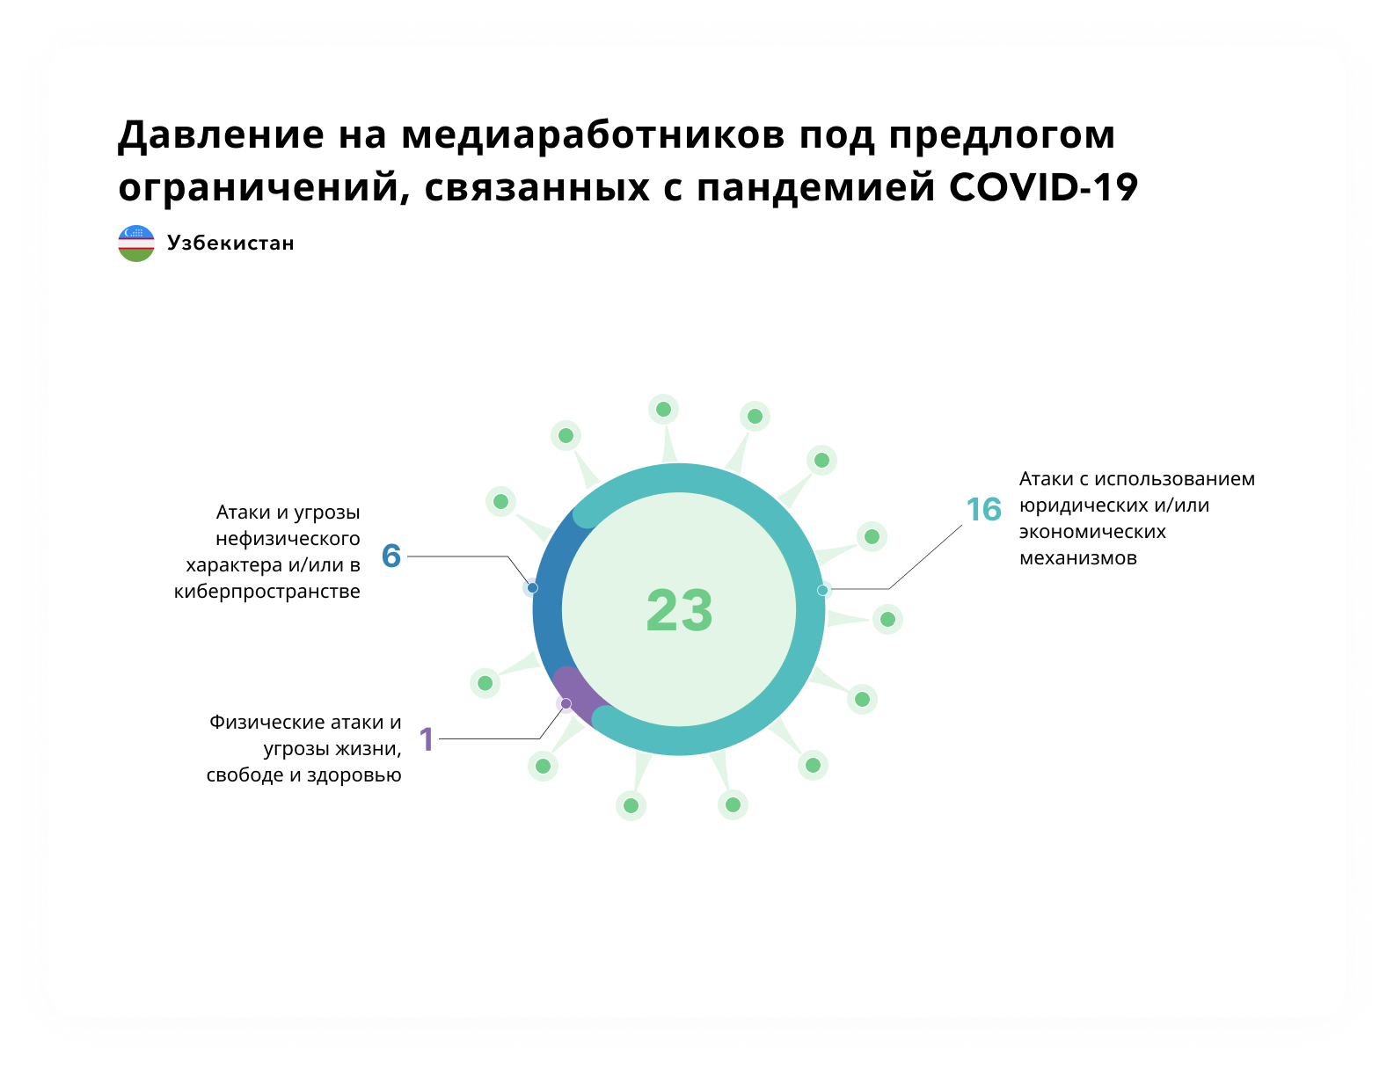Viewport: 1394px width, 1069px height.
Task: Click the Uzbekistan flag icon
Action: [136, 243]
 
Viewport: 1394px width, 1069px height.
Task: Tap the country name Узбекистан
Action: [230, 243]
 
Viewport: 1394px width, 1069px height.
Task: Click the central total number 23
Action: [679, 610]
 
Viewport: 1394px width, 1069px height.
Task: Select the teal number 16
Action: [983, 510]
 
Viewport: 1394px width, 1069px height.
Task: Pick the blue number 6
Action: [391, 556]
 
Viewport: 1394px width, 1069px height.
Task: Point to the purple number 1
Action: [427, 739]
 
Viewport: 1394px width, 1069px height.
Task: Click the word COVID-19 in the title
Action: [1043, 188]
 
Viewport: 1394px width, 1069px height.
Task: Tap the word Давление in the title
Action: [221, 136]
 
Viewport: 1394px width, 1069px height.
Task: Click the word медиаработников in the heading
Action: [592, 135]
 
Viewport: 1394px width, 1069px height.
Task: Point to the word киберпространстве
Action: [266, 592]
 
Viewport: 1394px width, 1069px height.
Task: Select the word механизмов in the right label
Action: [1077, 558]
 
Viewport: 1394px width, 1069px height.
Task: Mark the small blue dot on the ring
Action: [532, 588]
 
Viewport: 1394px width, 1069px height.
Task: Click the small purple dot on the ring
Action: [566, 704]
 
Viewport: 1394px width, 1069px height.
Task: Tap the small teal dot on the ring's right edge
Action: [822, 590]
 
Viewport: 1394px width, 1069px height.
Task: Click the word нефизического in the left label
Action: [288, 539]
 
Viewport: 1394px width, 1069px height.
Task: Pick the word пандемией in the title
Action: [815, 189]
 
